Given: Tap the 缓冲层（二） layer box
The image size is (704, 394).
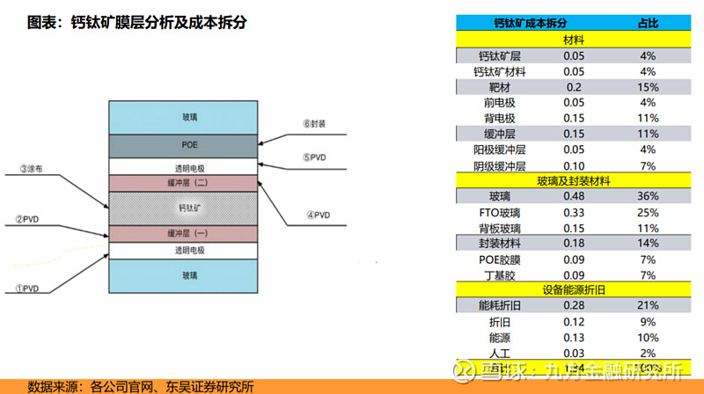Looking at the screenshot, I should coord(190,183).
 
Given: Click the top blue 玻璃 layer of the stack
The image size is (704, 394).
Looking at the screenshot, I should coord(190,116).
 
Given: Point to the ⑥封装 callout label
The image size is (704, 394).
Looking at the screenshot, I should coord(314,125).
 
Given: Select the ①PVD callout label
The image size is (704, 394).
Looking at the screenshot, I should coord(27,288).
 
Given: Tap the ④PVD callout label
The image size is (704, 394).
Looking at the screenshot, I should coord(318,215).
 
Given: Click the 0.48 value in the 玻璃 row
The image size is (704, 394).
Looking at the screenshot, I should coord(575,196).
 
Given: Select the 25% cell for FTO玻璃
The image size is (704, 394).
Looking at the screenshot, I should coord(649,212).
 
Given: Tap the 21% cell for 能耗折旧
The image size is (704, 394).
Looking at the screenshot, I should coord(649,305).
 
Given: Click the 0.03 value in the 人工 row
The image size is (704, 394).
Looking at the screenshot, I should coord(575,353).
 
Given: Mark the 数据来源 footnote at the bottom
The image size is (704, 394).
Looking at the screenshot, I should coord(141,385).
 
